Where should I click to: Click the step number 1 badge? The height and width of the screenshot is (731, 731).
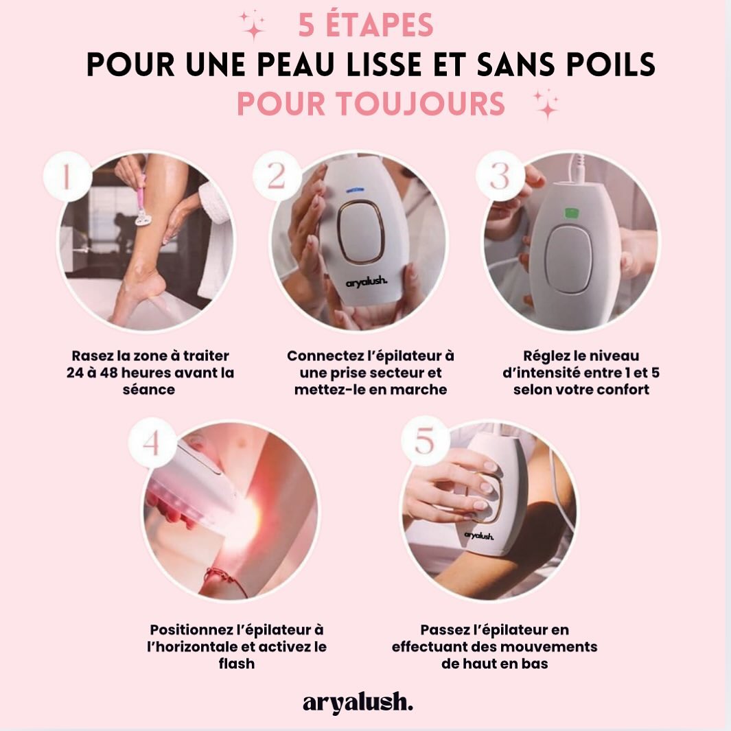[x=67, y=176]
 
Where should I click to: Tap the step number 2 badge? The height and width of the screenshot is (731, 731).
[x=277, y=176]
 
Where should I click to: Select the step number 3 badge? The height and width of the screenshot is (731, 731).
[x=500, y=176]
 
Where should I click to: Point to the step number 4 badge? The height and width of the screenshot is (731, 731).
[x=152, y=443]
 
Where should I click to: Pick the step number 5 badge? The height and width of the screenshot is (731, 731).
[x=425, y=441]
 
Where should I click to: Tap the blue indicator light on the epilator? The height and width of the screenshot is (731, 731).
[x=355, y=190]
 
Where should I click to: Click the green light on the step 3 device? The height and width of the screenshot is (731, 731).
[x=572, y=213]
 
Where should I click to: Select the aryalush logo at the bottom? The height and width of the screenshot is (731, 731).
[x=358, y=703]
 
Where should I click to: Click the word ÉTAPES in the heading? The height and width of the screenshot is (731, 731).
[x=380, y=25]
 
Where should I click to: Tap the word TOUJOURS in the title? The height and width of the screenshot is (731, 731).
[x=421, y=103]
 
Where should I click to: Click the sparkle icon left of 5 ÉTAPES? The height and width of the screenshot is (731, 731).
[x=253, y=25]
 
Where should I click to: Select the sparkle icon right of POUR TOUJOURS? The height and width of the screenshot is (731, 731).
[x=546, y=104]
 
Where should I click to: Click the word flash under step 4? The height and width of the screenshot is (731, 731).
[x=236, y=664]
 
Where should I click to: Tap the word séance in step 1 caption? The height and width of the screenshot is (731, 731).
[x=149, y=389]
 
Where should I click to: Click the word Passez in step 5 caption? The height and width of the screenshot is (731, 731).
[x=445, y=630]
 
